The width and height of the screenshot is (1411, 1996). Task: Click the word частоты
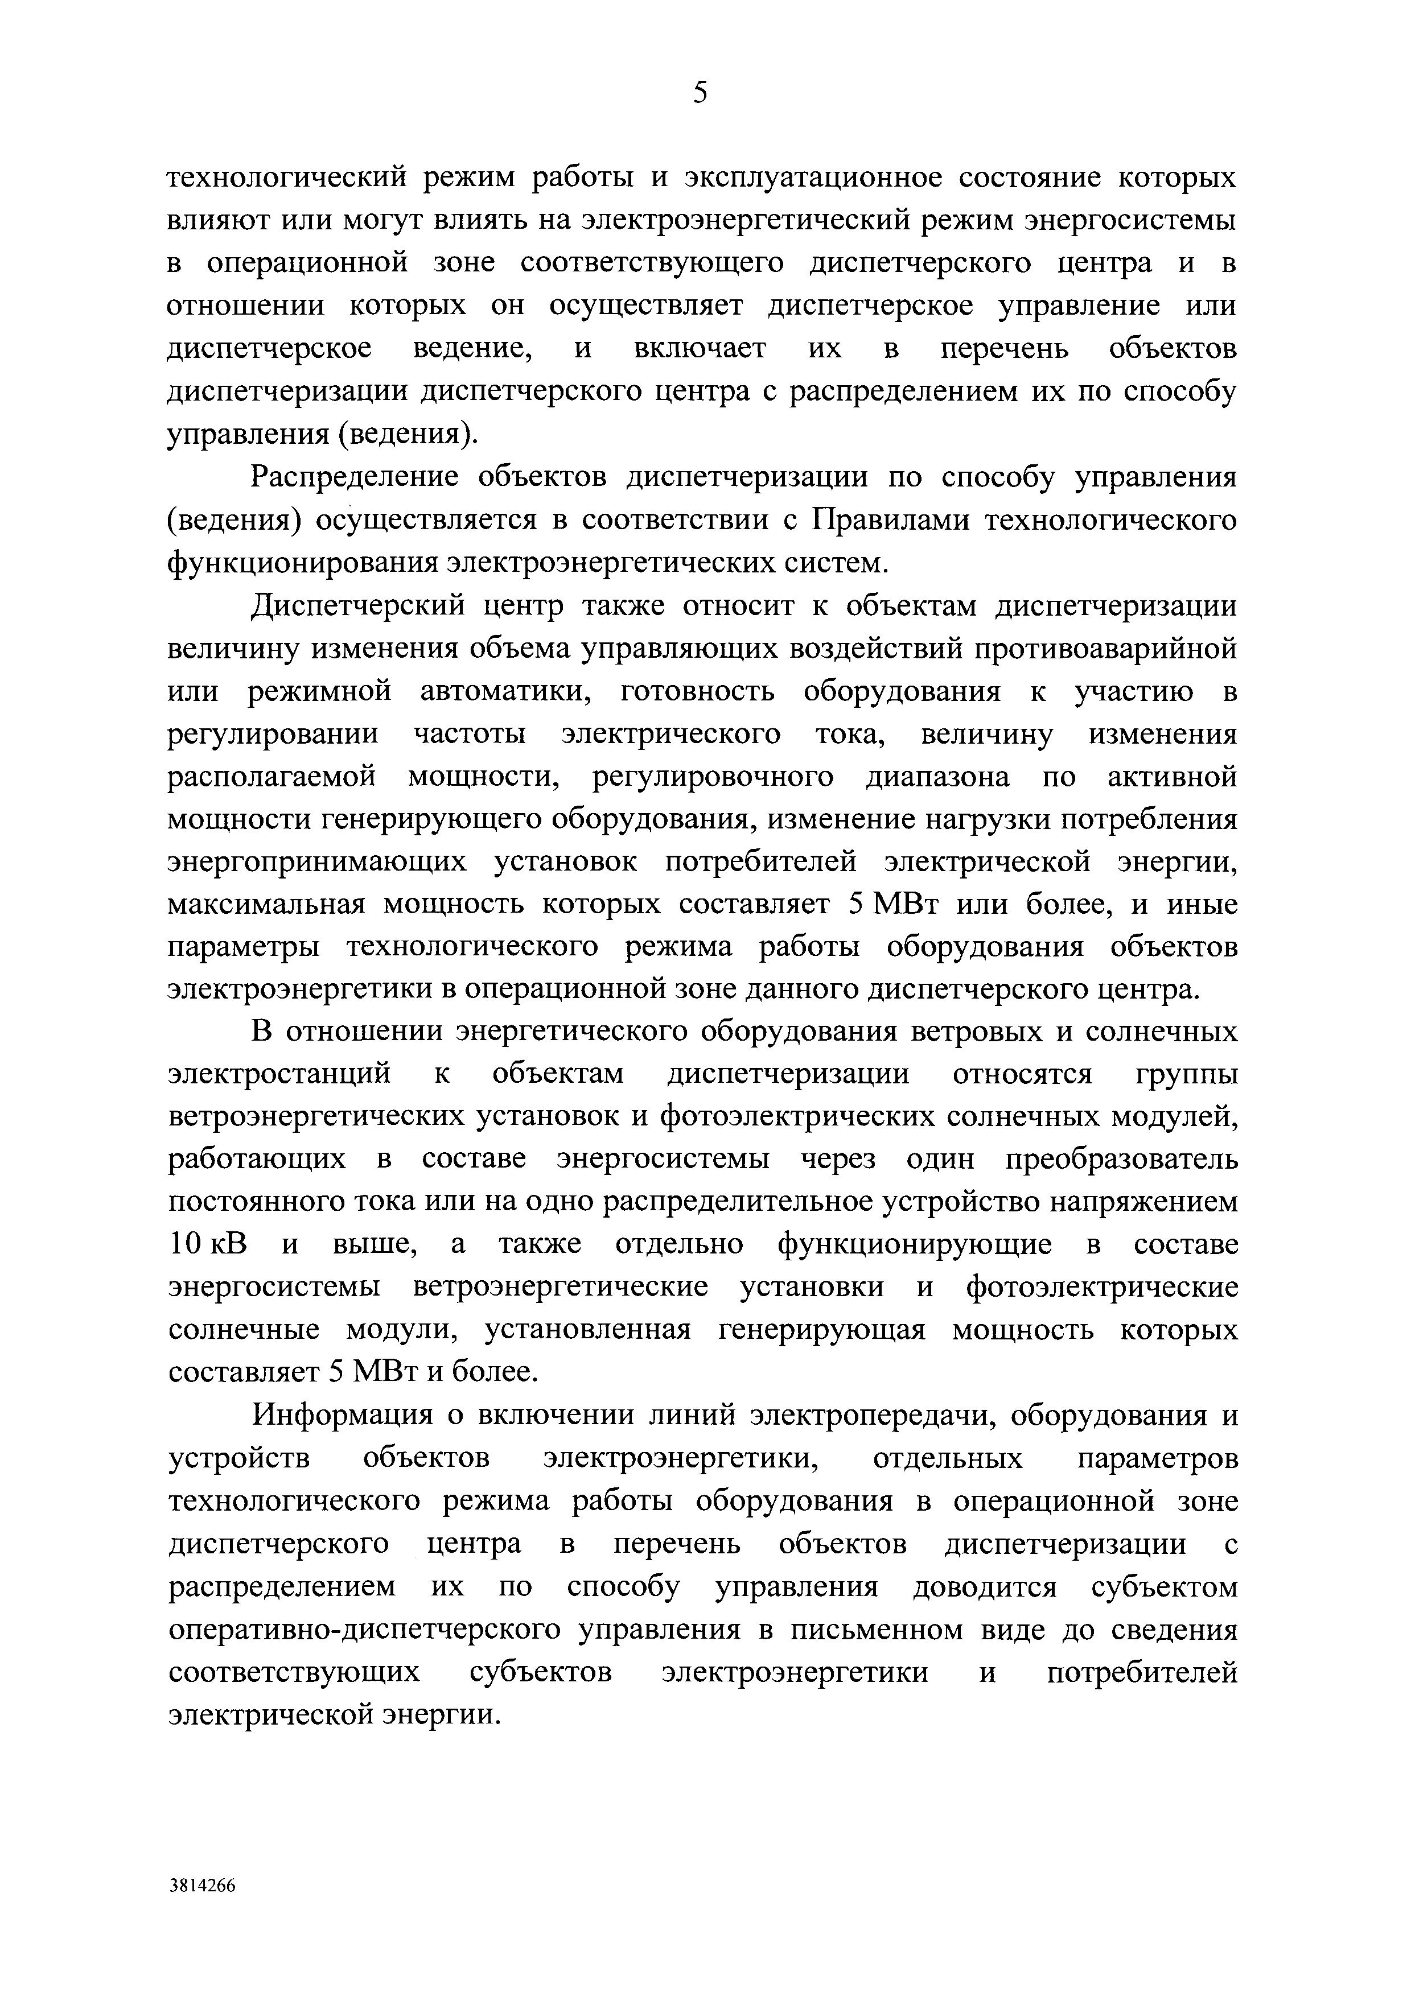(470, 735)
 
